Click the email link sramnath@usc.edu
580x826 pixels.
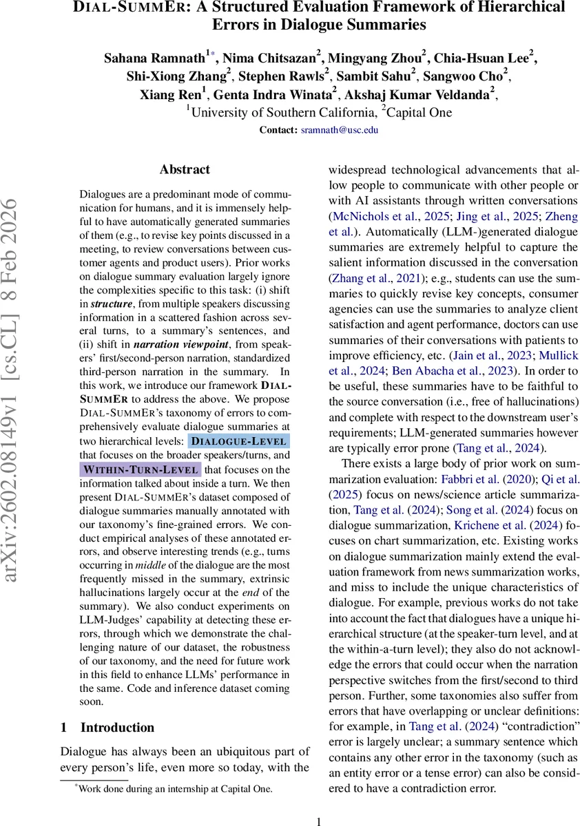pyautogui.click(x=340, y=129)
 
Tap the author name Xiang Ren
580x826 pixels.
pyautogui.click(x=183, y=95)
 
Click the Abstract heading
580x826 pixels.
pyautogui.click(x=185, y=169)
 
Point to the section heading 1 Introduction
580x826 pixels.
pyautogui.click(x=107, y=728)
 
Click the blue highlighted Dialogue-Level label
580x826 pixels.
pyautogui.click(x=239, y=441)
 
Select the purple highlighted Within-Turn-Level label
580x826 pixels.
pyautogui.click(x=141, y=469)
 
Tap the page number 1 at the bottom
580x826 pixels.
pyautogui.click(x=319, y=820)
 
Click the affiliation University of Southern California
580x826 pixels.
pyautogui.click(x=284, y=113)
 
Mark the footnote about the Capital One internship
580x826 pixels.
pyautogui.click(x=175, y=789)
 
